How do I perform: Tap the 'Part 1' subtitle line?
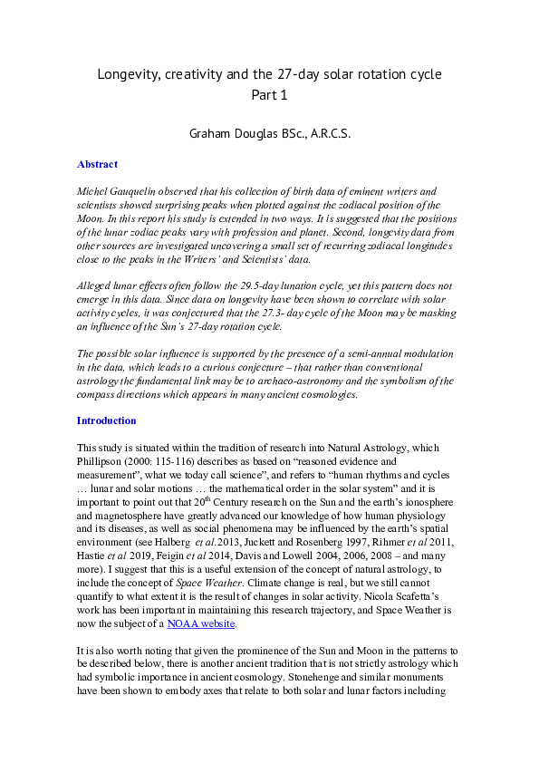point(269,94)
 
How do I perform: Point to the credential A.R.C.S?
point(327,133)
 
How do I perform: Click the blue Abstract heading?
point(97,165)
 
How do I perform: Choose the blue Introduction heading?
point(106,420)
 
